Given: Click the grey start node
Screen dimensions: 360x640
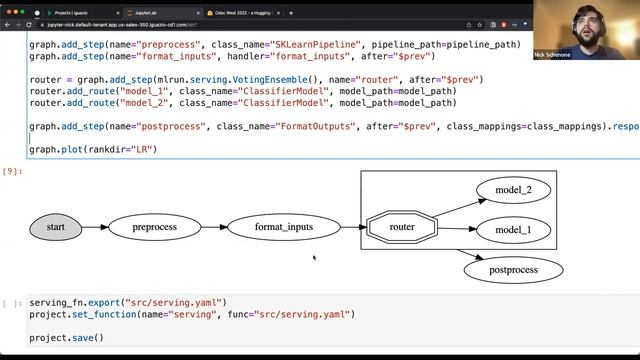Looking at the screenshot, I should point(56,227).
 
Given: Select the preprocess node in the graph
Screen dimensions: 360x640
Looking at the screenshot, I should point(154,227).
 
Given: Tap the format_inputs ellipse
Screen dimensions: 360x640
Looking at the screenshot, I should point(284,227).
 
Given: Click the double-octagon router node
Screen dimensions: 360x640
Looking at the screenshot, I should point(402,227).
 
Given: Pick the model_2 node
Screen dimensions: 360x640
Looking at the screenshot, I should point(513,190).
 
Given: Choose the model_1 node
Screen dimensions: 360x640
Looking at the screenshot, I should point(513,230).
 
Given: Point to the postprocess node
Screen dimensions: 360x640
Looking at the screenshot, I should point(513,269).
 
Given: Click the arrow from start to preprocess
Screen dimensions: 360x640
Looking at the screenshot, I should point(95,227).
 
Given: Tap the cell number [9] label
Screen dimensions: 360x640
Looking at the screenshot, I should point(10,171).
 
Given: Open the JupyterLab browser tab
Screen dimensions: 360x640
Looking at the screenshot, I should point(151,13).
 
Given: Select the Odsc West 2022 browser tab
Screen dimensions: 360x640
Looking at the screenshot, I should point(240,13).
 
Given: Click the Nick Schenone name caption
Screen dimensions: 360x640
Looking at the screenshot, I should point(553,53).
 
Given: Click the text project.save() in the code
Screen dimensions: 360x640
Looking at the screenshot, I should point(66,338).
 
